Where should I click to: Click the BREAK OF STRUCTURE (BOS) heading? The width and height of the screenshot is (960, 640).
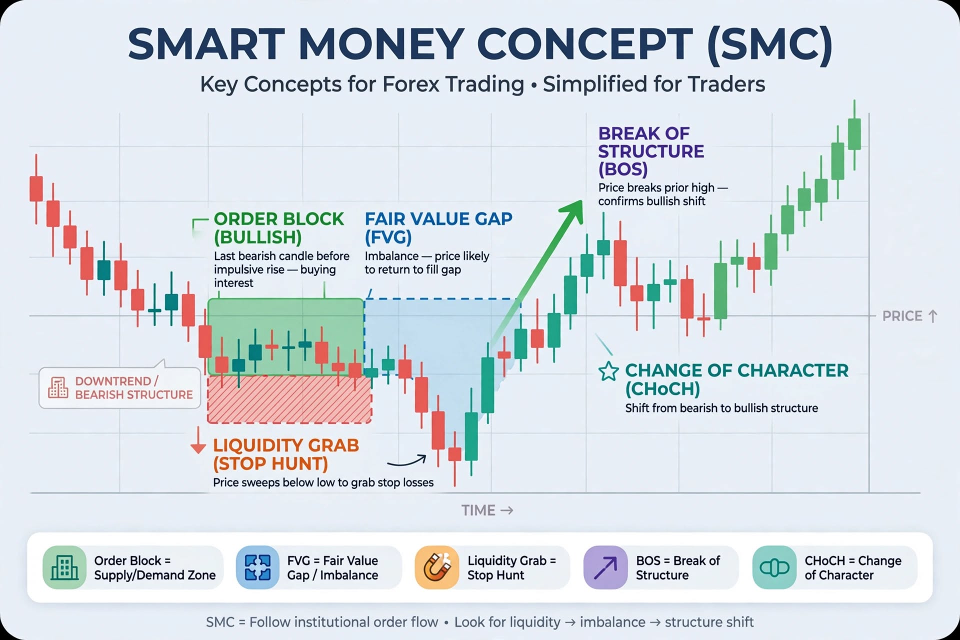[x=651, y=151]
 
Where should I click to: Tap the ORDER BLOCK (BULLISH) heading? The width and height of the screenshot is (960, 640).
[x=279, y=227]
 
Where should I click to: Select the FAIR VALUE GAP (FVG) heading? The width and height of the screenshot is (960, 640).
[x=438, y=227]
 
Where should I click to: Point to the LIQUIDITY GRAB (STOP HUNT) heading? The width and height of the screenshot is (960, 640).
[x=286, y=454]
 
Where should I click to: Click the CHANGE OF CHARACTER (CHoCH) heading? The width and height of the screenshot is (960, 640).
[x=736, y=379]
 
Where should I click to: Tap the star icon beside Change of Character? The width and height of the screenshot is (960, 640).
[x=608, y=371]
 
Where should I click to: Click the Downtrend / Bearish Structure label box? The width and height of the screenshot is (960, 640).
[x=119, y=388]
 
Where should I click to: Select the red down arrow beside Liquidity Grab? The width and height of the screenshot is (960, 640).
[x=198, y=440]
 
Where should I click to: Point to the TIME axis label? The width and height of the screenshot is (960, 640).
[x=487, y=510]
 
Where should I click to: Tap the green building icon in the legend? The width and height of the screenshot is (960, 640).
[x=64, y=567]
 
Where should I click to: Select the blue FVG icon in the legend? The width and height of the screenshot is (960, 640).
[x=257, y=567]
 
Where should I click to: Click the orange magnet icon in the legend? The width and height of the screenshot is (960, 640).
[x=436, y=567]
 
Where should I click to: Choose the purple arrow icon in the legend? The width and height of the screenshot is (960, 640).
[x=605, y=567]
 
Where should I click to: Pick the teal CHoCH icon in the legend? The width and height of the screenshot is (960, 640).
[x=774, y=567]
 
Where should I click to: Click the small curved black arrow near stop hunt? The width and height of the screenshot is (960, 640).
[x=406, y=460]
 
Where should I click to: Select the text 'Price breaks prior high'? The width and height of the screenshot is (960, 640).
[x=656, y=188]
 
